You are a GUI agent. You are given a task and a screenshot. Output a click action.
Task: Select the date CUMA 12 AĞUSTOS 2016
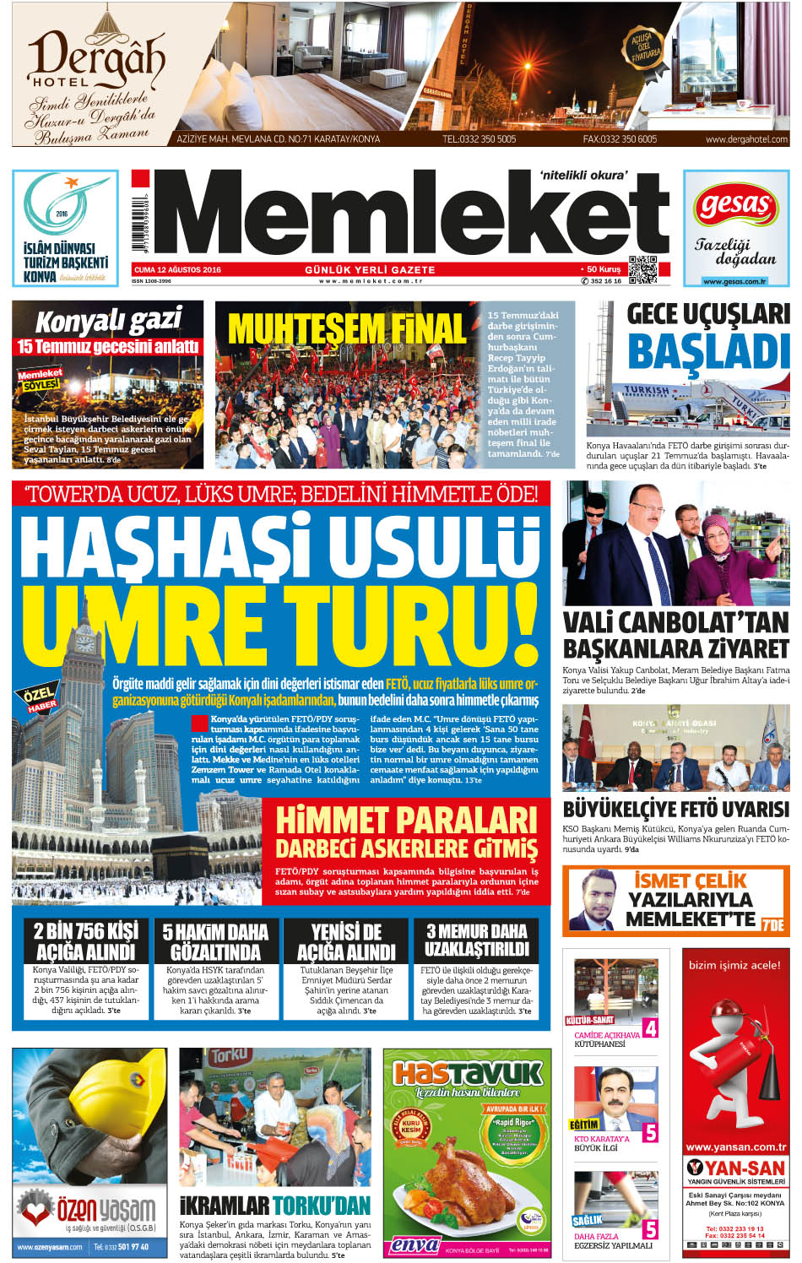(x=177, y=270)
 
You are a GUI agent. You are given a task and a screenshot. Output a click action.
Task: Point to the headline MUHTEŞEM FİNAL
(x=346, y=329)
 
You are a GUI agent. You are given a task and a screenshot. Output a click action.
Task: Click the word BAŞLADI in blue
(x=707, y=352)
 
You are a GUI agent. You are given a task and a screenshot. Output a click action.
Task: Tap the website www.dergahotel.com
(x=746, y=139)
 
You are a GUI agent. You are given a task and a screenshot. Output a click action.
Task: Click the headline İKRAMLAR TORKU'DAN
(x=275, y=1205)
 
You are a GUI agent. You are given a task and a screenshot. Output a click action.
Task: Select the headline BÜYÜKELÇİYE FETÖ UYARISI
(x=675, y=810)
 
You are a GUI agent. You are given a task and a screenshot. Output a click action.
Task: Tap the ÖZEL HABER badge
(x=39, y=699)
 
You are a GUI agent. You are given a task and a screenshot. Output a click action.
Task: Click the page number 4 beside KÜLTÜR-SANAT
(x=650, y=1028)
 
